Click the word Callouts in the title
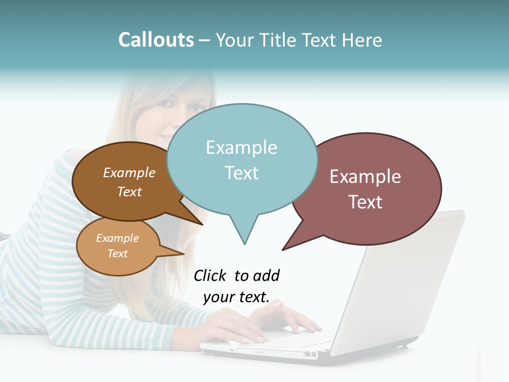[x=156, y=40]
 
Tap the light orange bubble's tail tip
[x=183, y=254]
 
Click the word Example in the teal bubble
[x=241, y=147]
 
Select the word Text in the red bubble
[x=365, y=202]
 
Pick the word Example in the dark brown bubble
[x=129, y=173]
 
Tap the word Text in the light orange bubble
[x=118, y=254]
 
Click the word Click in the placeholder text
[x=209, y=275]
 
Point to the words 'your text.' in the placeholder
[x=236, y=297]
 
